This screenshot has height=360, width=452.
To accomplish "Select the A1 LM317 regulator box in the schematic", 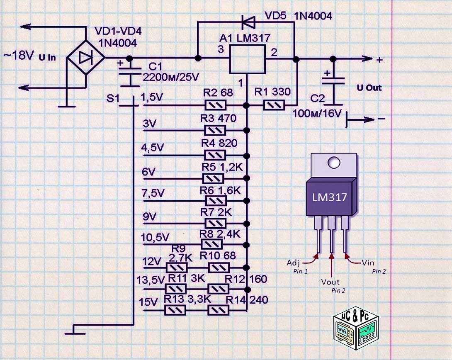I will coord(248,59).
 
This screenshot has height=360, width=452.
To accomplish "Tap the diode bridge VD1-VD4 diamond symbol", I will coord(86,58).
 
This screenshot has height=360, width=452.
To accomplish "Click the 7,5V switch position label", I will coord(153,193).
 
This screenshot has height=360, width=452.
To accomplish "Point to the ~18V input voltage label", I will coord(18,56).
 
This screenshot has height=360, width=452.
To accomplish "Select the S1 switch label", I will coord(112,98).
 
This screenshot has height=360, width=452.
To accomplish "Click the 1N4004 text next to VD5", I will coord(313,16).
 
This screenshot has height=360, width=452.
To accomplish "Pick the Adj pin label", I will coord(294,263).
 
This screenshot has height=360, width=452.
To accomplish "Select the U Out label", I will coord(369,88).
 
